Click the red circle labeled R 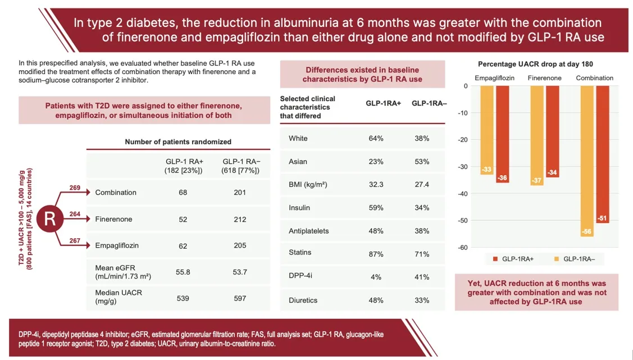point(49,219)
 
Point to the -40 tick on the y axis point(463,194)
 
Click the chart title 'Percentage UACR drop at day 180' point(535,64)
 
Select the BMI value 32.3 point(375,184)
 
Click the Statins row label point(300,253)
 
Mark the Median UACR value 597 point(240,298)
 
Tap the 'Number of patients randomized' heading point(178,142)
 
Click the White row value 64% point(375,138)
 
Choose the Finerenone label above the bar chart point(544,78)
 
